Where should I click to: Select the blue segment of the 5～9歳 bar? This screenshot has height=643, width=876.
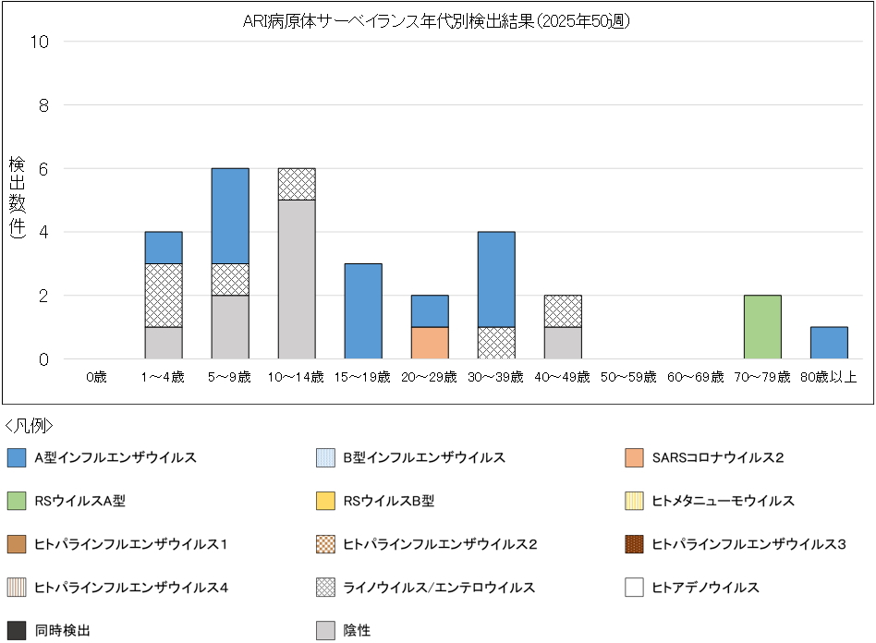[230, 215]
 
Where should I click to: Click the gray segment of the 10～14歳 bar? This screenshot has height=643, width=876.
[297, 279]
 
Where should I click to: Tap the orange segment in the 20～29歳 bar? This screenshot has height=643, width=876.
[430, 343]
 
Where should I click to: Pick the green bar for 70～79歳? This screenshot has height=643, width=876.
[762, 327]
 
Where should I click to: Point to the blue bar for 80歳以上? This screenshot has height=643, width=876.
[829, 343]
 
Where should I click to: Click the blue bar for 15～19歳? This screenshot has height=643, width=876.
[363, 311]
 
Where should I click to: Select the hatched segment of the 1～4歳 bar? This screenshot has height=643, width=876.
[164, 295]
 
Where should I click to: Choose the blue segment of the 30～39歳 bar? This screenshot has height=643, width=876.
[496, 279]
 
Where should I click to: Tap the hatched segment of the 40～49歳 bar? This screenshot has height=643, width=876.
[563, 311]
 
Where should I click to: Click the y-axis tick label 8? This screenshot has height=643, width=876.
[43, 105]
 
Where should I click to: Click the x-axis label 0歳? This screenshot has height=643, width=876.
[97, 377]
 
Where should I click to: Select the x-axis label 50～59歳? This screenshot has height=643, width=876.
[628, 377]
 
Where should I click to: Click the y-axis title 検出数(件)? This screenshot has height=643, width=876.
[17, 199]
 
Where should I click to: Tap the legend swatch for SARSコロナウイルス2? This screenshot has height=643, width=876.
[634, 457]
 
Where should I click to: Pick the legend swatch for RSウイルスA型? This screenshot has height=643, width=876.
[16, 501]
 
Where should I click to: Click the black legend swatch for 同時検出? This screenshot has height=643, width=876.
[16, 631]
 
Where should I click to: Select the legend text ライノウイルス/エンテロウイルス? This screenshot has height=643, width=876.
[439, 588]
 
